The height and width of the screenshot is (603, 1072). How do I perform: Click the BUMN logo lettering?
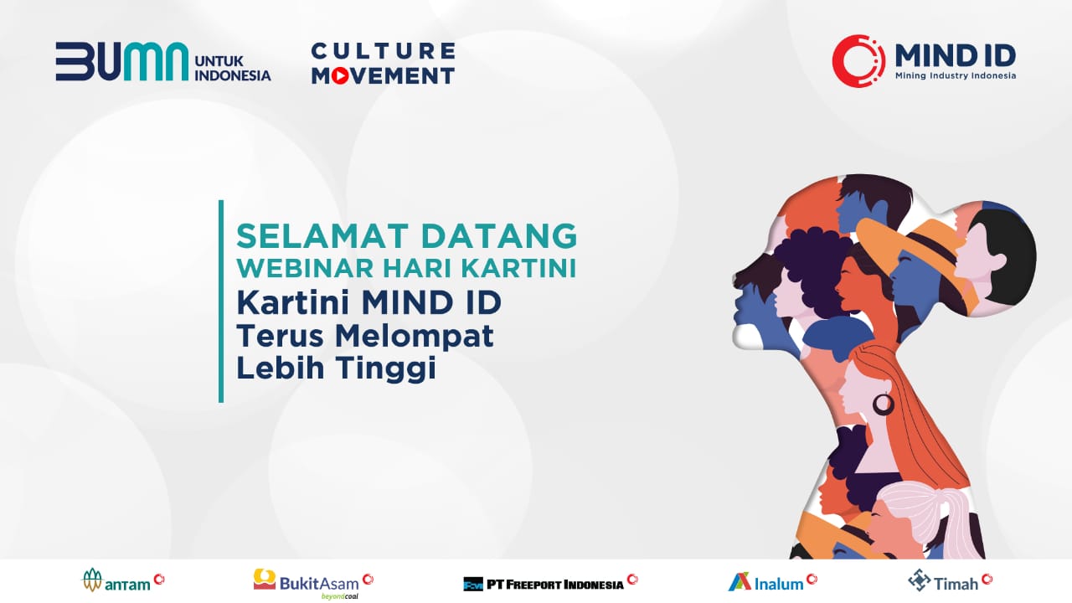[x=121, y=61]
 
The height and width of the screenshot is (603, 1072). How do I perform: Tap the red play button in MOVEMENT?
[x=340, y=75]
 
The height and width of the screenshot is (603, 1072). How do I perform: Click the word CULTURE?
[x=382, y=51]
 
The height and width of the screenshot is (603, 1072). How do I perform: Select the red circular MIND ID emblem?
[x=858, y=61]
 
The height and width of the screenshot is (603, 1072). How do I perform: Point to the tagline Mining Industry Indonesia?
[x=955, y=75]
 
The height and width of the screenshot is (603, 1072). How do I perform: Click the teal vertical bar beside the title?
[x=221, y=301]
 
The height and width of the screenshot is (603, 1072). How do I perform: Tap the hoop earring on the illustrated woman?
[x=883, y=405]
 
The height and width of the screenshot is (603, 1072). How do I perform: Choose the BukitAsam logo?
[x=313, y=581]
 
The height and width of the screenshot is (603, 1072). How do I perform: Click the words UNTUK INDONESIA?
[x=232, y=67]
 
